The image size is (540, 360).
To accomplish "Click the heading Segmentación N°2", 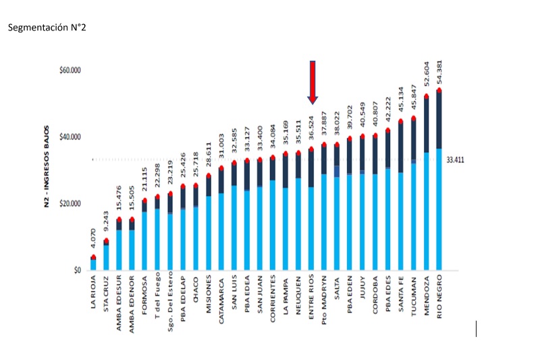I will [x=47, y=28].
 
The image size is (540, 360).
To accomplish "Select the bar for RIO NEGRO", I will [x=439, y=182].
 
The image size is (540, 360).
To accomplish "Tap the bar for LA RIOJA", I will [x=93, y=263].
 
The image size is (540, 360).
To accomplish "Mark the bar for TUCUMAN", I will [x=413, y=196].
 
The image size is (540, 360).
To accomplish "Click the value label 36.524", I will [x=311, y=130].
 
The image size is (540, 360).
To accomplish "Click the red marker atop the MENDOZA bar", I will [x=427, y=97].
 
